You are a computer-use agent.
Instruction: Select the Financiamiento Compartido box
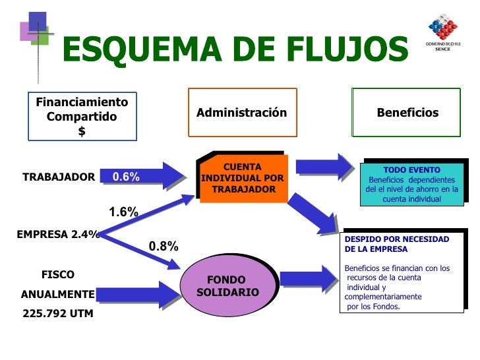coord(82,116)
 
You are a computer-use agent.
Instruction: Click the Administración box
coord(242,112)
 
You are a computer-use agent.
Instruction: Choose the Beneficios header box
coord(407,112)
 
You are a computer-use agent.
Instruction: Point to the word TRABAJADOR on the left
coord(59,177)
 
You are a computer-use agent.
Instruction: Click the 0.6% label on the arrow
coord(126,177)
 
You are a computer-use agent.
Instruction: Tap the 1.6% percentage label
coord(123,212)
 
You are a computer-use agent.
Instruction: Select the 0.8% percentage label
coord(163,246)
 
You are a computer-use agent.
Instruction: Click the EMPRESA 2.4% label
coord(58,233)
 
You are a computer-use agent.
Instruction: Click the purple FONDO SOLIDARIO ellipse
coord(226,286)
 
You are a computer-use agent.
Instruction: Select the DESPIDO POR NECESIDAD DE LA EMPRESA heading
coord(396,244)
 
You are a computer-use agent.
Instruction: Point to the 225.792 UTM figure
coord(58,314)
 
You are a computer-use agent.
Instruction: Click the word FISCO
coord(58,274)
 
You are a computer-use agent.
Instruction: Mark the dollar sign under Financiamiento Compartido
coord(82,131)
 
